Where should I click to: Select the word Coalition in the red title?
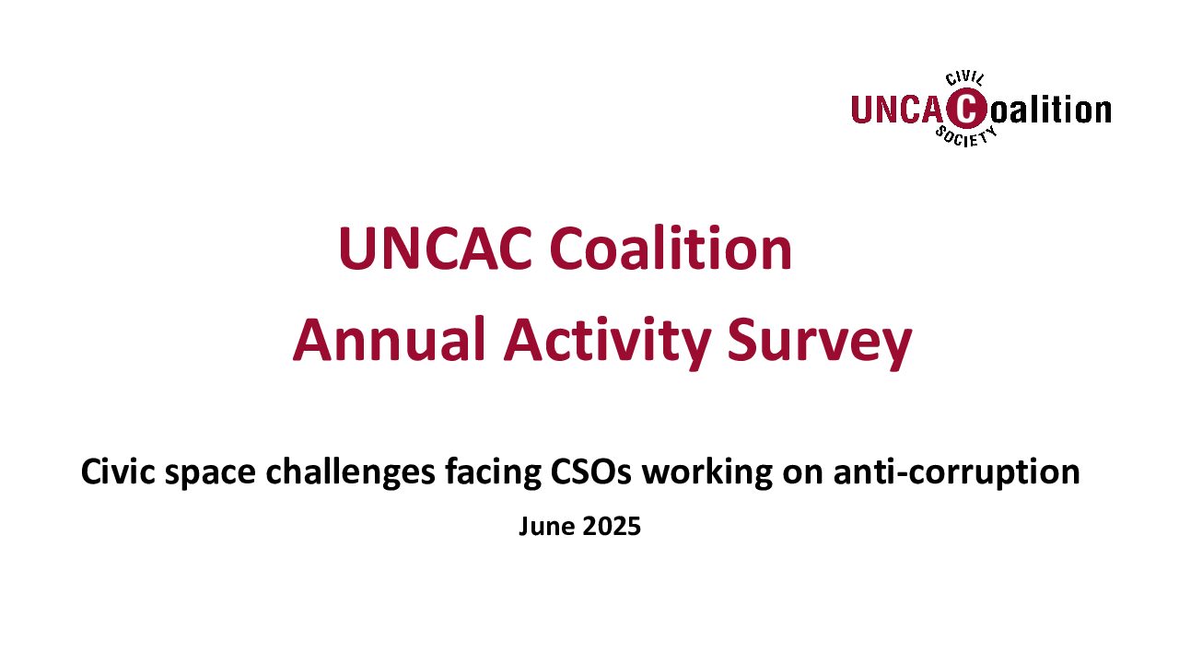[x=671, y=247]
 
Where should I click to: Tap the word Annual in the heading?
[x=389, y=340]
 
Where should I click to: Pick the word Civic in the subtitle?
[x=118, y=471]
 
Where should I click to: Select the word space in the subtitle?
[x=211, y=474]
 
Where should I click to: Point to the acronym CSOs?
[x=590, y=471]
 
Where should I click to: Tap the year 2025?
[x=612, y=526]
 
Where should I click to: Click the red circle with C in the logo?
[x=966, y=109]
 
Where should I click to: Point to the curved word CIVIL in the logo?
[x=964, y=79]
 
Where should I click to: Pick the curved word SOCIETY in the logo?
[x=966, y=136]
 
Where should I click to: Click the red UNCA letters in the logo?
[x=898, y=110]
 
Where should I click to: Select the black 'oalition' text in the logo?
[x=1051, y=110]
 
